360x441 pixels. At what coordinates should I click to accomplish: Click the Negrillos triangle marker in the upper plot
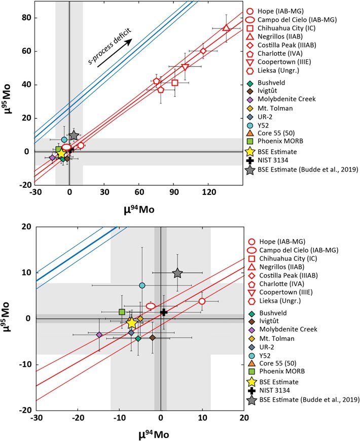click(226, 27)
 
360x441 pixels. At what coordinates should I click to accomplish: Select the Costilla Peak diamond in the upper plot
click(203, 51)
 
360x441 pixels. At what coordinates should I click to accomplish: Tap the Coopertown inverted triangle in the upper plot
click(185, 67)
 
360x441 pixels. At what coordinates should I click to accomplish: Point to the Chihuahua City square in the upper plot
click(175, 82)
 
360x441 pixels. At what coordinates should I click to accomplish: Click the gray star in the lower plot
click(177, 273)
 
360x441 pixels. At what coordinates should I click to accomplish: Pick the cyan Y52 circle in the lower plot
click(142, 285)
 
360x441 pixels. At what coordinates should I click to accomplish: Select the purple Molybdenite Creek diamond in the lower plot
click(99, 334)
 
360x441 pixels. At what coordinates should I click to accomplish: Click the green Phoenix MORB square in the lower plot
click(122, 312)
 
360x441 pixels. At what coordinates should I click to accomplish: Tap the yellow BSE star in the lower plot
click(131, 323)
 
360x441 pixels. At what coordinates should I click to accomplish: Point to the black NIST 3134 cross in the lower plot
click(164, 312)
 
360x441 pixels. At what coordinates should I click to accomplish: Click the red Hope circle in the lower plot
click(202, 301)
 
